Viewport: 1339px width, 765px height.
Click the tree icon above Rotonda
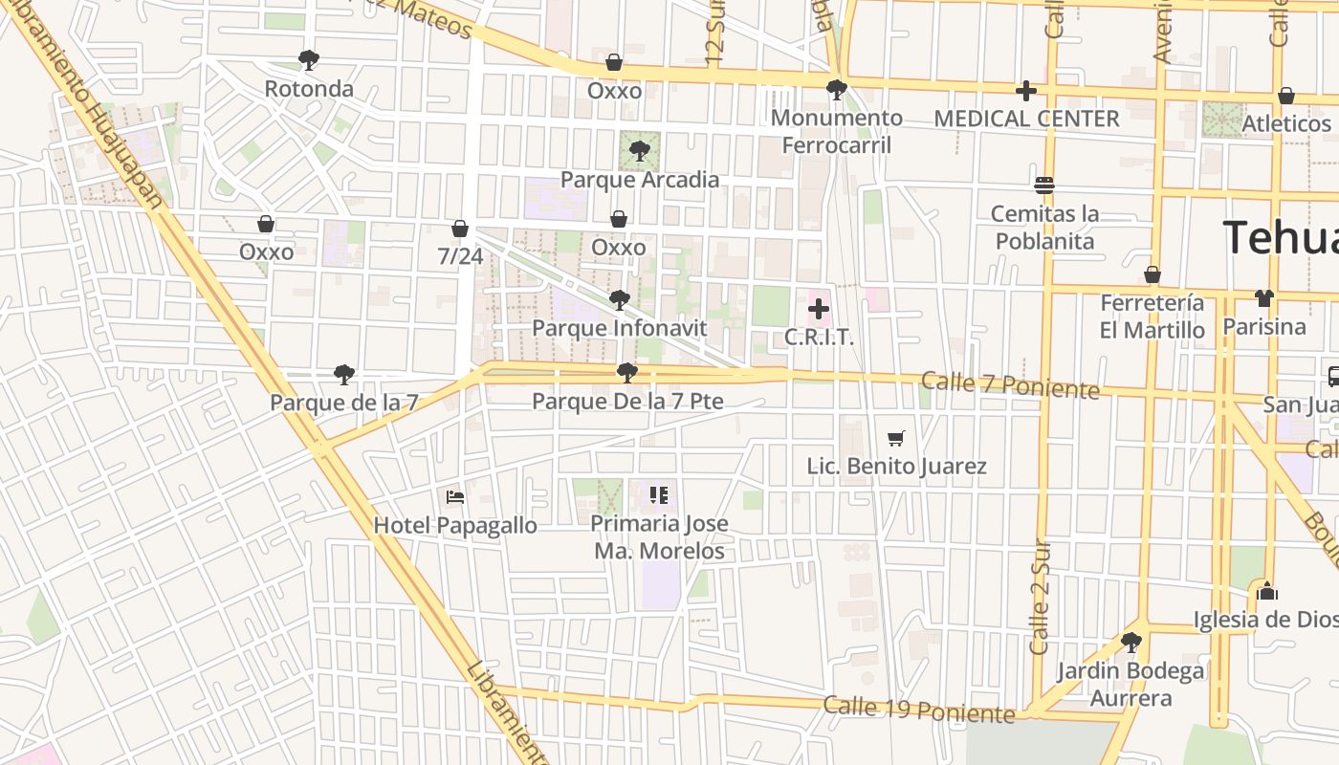[308, 60]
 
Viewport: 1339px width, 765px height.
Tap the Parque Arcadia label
[639, 180]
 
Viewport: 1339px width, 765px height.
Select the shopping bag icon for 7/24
[460, 229]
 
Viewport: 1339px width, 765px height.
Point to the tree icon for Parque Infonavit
[619, 300]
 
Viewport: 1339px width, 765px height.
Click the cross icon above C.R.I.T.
[819, 309]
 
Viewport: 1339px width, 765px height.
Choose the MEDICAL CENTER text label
[1026, 119]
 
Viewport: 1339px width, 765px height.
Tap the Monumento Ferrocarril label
[837, 131]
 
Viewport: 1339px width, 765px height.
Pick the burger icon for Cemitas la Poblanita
[1043, 185]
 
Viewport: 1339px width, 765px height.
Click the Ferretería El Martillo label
[1152, 317]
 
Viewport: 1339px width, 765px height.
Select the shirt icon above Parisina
[1264, 298]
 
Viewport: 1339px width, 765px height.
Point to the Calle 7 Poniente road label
[1010, 385]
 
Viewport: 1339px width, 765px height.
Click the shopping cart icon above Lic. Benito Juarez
[896, 438]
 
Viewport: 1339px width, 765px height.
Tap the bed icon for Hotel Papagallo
[455, 496]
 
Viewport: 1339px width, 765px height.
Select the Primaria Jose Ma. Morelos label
[659, 537]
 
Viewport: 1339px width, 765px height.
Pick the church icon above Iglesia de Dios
[1267, 591]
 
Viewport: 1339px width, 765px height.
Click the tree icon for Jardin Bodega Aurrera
[1130, 642]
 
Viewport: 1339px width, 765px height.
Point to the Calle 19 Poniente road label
[918, 710]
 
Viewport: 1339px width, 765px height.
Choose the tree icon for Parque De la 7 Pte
[627, 373]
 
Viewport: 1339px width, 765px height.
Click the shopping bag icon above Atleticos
[1286, 96]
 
